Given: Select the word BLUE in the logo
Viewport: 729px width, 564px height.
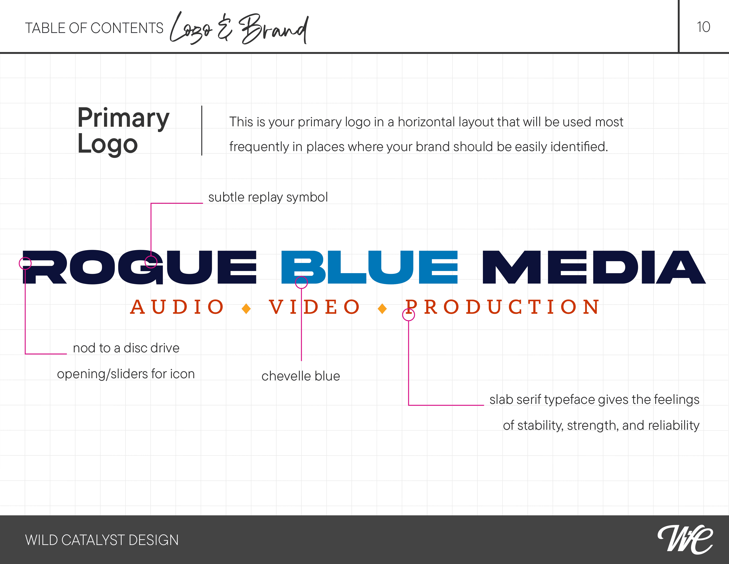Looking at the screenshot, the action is point(369,267).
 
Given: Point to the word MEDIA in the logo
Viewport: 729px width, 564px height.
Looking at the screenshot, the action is point(594,267).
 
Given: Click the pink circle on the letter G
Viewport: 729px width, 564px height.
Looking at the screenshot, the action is point(151,262).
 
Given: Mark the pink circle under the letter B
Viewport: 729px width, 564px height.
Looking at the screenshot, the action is point(301,282).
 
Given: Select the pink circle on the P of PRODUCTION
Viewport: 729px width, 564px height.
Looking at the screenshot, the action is point(408,315).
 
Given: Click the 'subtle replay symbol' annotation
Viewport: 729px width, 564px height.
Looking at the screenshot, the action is point(268,197).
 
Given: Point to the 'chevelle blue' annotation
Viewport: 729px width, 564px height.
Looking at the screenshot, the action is point(300,376).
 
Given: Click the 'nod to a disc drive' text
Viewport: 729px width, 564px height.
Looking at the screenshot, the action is point(126,348).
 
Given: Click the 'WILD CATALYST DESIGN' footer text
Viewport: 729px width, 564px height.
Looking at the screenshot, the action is point(102,540).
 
